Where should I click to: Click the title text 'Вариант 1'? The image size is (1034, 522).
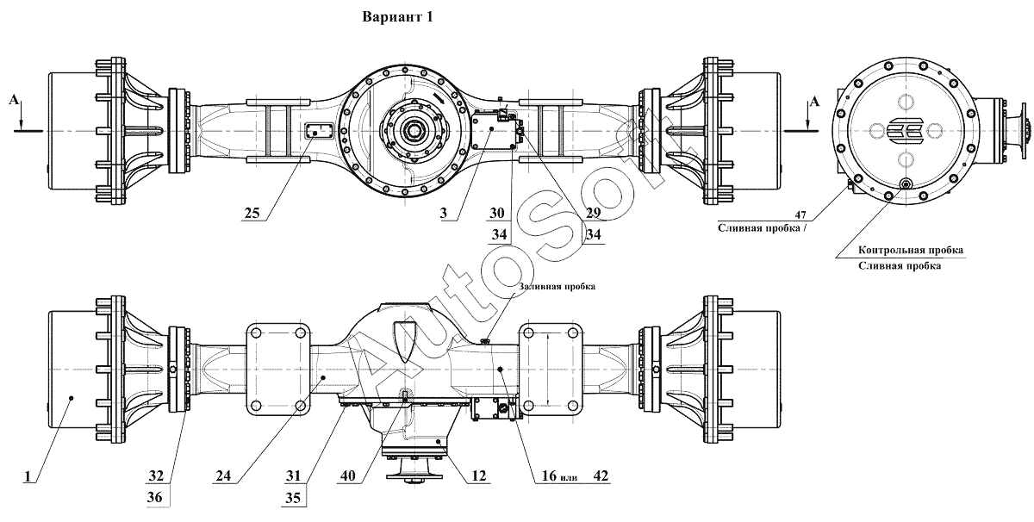click(397, 17)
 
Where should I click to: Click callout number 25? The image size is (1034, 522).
click(252, 214)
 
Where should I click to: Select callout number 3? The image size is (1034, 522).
click(444, 213)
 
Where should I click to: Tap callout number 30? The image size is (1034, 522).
click(497, 213)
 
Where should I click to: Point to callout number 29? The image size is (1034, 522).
click(593, 213)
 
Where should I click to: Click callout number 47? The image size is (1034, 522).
click(800, 214)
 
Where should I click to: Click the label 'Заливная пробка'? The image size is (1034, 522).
click(557, 286)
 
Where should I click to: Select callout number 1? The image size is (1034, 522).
click(28, 475)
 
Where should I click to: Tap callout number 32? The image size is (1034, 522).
click(156, 475)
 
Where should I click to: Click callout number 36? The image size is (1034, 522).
click(154, 497)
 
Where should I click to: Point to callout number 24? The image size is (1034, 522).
click(223, 475)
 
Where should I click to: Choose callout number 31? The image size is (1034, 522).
click(293, 475)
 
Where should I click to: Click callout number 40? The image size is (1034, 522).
click(347, 475)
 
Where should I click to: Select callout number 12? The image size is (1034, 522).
click(479, 475)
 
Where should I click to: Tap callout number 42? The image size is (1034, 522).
click(601, 475)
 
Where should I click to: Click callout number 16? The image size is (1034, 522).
click(549, 475)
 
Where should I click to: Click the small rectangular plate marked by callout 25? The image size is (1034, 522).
click(319, 132)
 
